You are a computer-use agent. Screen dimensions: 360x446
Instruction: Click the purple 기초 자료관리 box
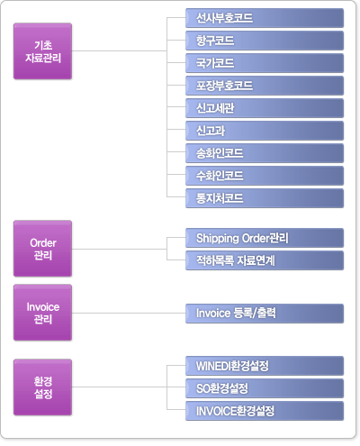coord(42,51)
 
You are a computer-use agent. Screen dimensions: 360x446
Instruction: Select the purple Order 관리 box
coord(42,249)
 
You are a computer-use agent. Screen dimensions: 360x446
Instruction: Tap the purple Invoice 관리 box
coord(42,313)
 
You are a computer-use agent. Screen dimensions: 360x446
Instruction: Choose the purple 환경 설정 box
coord(42,387)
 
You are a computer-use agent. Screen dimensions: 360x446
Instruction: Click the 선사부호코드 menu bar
coord(265,18)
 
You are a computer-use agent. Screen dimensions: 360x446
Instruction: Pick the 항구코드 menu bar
coord(265,41)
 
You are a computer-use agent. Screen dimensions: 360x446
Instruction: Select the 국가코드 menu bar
coord(265,63)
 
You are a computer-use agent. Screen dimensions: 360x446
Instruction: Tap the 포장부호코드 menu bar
coord(265,86)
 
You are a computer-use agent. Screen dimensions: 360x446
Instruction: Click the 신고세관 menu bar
coord(265,108)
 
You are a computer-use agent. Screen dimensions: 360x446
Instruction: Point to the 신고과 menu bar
coord(265,131)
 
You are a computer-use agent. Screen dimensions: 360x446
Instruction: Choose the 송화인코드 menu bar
coord(265,153)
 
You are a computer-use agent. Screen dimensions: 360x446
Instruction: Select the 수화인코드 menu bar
coord(265,176)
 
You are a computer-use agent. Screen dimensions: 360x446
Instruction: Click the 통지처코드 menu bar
coord(265,198)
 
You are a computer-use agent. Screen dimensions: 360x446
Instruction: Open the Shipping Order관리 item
coord(265,238)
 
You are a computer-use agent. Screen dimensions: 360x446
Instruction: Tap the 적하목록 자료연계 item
coord(265,260)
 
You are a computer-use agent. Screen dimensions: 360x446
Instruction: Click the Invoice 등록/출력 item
coord(265,314)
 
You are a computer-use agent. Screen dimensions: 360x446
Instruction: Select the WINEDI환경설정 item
coord(265,366)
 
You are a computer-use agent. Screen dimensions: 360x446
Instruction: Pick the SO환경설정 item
coord(265,388)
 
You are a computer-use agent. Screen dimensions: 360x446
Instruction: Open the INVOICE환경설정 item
coord(265,411)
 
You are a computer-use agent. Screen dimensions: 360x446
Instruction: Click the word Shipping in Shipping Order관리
coord(217,239)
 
